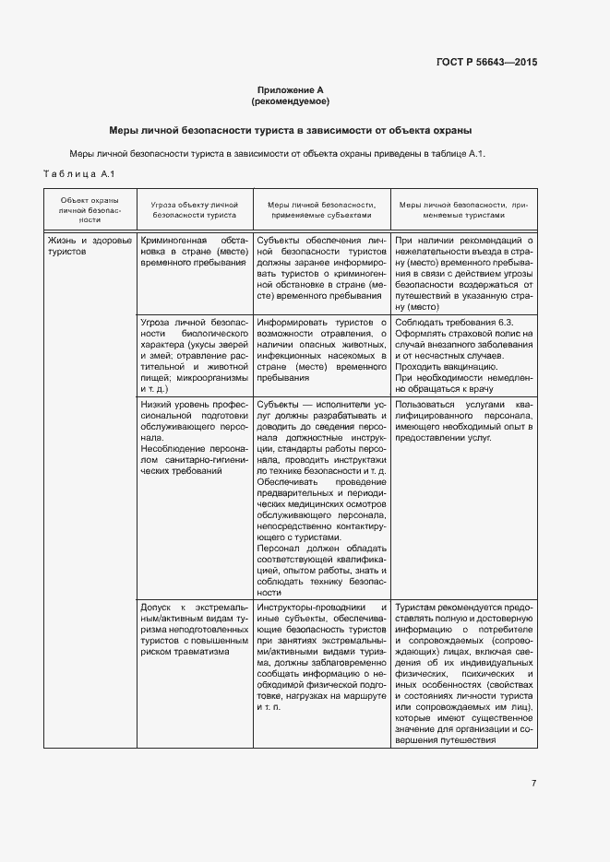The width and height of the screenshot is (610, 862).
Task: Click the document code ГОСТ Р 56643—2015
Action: point(485,63)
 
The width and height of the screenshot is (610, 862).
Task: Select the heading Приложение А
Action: point(290,89)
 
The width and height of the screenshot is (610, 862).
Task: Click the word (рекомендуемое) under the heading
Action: point(290,100)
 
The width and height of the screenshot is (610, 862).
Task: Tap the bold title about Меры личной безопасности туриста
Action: point(290,130)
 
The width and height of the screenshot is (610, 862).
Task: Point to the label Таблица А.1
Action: point(78,174)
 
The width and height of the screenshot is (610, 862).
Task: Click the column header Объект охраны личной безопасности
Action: point(90,210)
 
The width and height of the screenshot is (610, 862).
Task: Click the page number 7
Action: point(533,783)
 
